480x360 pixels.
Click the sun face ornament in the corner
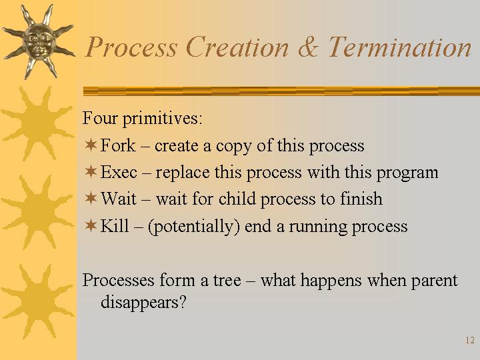(x=38, y=41)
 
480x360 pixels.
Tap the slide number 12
(x=470, y=340)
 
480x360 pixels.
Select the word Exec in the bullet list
(x=119, y=172)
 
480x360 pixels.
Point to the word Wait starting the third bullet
(x=119, y=199)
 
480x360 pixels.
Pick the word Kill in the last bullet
(x=115, y=225)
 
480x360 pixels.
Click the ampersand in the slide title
(x=308, y=47)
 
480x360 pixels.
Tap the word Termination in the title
(x=400, y=47)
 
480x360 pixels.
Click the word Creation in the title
(x=237, y=47)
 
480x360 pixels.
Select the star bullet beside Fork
(x=91, y=144)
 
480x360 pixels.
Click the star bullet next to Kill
(x=91, y=225)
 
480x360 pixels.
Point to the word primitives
(x=163, y=119)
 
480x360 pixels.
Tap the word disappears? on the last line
(x=143, y=303)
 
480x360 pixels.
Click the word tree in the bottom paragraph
(x=227, y=281)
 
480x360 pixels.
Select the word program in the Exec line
(x=407, y=173)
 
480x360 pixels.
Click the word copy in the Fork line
(x=233, y=147)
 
